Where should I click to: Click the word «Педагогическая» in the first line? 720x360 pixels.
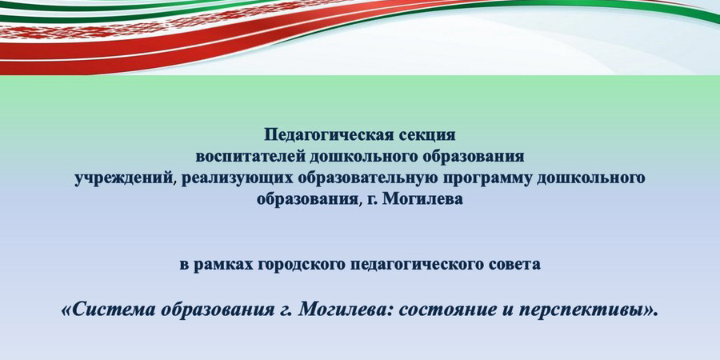pos(327,135)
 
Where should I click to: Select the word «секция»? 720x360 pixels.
pos(426,135)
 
